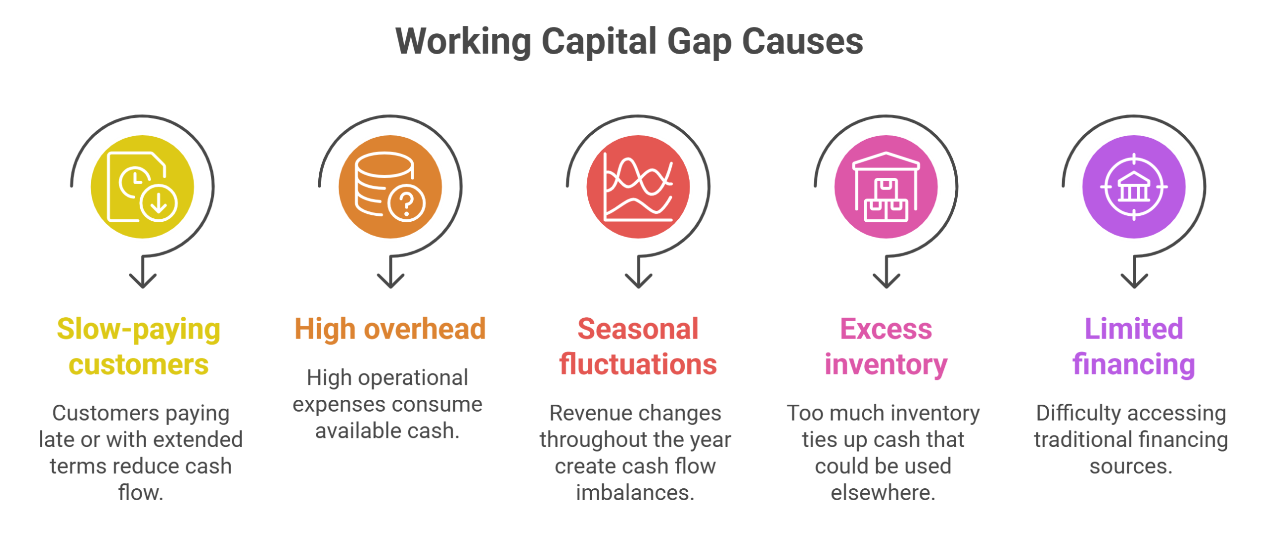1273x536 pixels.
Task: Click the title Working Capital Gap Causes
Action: (630, 42)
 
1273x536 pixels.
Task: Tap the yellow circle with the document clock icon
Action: (143, 187)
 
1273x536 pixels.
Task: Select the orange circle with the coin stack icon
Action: (390, 187)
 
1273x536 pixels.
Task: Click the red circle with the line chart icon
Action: (638, 187)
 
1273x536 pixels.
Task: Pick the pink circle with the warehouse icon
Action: (886, 187)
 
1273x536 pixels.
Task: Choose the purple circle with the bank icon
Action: (1134, 187)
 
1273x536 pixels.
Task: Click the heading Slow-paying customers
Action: (139, 347)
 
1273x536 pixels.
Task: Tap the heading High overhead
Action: (390, 329)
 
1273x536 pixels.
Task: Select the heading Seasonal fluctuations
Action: (638, 347)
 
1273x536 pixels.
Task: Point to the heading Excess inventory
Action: (886, 347)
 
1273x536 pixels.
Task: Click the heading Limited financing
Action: (1134, 347)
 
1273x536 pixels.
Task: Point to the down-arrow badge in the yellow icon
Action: (159, 203)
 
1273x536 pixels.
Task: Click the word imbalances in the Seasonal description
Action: (634, 493)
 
